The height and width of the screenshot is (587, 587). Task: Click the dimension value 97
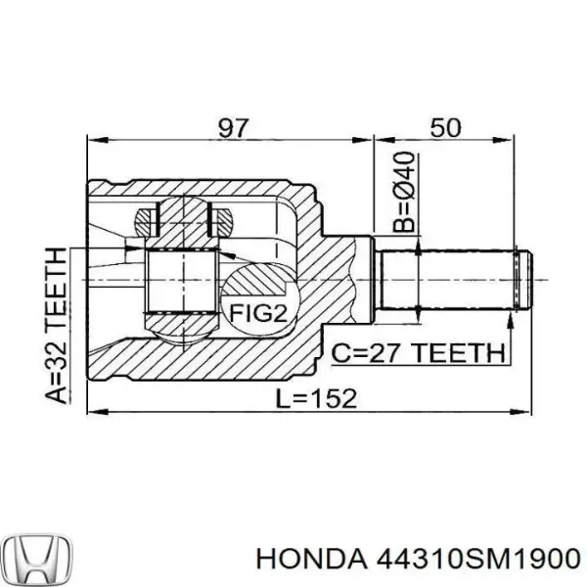pos(233,127)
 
